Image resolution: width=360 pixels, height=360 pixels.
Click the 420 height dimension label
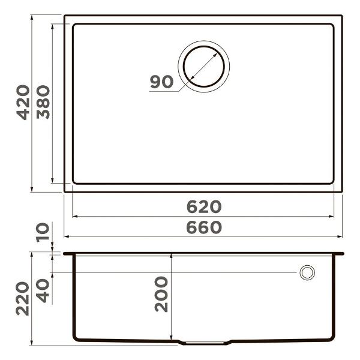point(23,102)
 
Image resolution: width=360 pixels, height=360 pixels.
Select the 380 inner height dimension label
point(43,102)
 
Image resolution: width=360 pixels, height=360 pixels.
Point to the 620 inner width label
point(203,207)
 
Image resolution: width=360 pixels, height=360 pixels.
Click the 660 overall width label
point(203,228)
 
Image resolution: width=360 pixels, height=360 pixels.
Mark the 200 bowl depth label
point(161,294)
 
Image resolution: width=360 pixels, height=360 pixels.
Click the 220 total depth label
point(23,298)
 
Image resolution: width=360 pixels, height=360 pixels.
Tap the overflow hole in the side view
point(307,272)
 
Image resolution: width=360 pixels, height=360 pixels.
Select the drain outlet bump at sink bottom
point(204,343)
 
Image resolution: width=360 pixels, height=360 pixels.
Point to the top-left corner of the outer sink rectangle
point(65,16)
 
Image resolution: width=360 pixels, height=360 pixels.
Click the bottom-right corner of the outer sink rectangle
point(341,191)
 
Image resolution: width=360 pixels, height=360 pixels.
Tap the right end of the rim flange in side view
point(343,254)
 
